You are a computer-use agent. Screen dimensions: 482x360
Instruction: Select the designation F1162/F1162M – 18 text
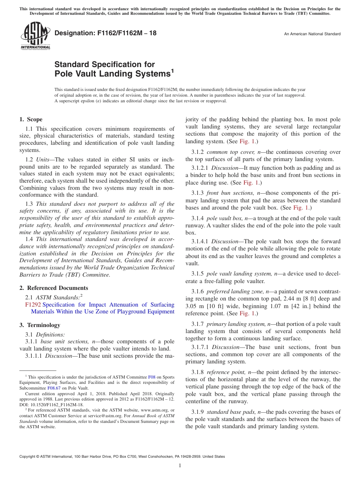point(105,33)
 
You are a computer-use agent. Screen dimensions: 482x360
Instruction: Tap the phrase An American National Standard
point(312,34)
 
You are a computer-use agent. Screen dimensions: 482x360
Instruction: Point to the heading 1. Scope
point(31,119)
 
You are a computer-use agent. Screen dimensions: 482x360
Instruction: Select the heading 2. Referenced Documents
point(54,288)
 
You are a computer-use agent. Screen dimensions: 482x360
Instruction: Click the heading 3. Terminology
point(40,325)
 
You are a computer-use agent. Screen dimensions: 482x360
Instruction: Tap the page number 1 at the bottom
point(180,466)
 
